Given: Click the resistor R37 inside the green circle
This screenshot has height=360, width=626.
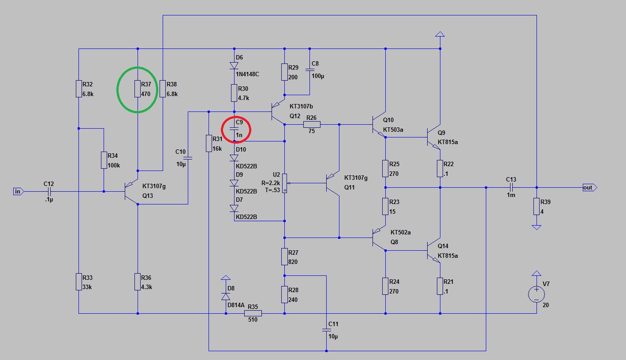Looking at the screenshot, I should click(x=138, y=89).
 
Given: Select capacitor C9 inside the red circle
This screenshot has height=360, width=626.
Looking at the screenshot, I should click(x=234, y=128).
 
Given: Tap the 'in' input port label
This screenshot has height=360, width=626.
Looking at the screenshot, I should click(x=18, y=191).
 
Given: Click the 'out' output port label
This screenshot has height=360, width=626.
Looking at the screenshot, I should click(x=588, y=188).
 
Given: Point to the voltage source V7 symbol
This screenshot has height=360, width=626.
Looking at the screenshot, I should click(x=536, y=294).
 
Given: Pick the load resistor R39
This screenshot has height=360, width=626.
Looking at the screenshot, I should click(x=536, y=207).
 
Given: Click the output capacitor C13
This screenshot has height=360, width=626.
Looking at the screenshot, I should click(x=511, y=188).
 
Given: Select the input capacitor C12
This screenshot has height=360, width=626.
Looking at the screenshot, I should click(x=49, y=191).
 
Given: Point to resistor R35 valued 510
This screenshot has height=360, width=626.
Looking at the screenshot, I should click(x=253, y=313).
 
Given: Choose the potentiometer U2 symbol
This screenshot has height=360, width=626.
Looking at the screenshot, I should click(x=285, y=182).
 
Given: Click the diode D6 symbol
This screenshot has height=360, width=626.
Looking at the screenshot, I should click(x=234, y=66).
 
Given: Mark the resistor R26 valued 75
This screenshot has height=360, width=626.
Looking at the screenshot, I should click(x=312, y=125).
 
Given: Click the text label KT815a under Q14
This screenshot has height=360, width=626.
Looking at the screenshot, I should click(x=447, y=256).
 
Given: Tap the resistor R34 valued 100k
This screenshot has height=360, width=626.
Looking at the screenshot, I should click(x=104, y=160).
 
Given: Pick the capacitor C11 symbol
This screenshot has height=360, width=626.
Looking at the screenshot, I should click(x=326, y=330).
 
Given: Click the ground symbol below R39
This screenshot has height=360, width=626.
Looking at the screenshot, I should click(x=536, y=227).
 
